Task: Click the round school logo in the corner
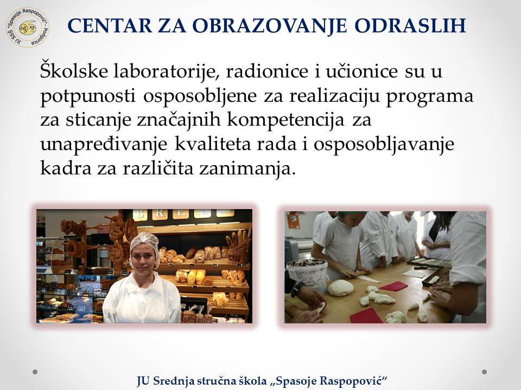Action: [x=28, y=27]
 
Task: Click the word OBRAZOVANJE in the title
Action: [x=270, y=25]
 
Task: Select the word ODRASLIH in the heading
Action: [x=410, y=25]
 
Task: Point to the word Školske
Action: [x=74, y=70]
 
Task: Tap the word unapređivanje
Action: [x=104, y=145]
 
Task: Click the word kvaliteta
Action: [x=213, y=144]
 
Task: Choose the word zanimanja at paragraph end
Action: [x=247, y=169]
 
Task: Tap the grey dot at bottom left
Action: [x=35, y=372]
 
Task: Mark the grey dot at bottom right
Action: [x=485, y=372]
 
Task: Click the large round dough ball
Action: [x=341, y=287]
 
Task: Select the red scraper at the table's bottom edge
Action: [x=366, y=315]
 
